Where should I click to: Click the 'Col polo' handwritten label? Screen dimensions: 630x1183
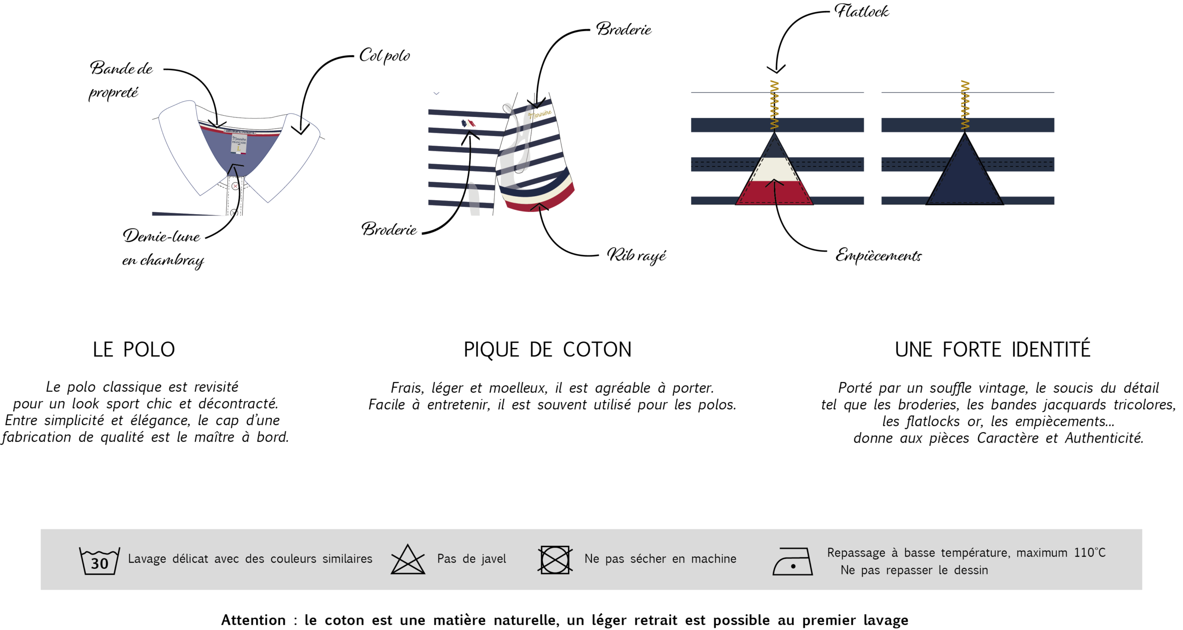(x=384, y=56)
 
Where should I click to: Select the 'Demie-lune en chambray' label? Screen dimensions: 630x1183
(x=162, y=247)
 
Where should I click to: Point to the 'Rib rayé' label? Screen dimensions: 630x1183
(x=636, y=255)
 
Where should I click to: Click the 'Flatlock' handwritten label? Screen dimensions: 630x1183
(x=861, y=11)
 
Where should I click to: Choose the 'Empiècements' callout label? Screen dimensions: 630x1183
(x=878, y=255)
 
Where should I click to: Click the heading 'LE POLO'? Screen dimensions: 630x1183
(x=134, y=350)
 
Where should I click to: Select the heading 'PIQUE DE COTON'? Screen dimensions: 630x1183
(x=548, y=350)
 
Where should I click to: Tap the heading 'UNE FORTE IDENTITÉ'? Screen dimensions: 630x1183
(x=993, y=350)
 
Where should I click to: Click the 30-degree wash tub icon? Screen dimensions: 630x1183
(x=99, y=560)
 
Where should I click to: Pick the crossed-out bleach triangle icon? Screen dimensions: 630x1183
(x=408, y=560)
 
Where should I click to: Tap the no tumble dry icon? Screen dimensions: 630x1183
(x=555, y=560)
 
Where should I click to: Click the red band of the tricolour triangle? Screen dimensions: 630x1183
(x=774, y=193)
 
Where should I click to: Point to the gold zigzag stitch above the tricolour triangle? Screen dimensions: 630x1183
(x=774, y=105)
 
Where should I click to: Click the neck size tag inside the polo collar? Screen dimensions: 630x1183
(x=239, y=143)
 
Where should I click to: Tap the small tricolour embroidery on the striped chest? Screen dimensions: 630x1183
(x=468, y=124)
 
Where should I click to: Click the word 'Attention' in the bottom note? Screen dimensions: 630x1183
(x=253, y=620)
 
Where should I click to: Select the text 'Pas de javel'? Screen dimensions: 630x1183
(x=471, y=559)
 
